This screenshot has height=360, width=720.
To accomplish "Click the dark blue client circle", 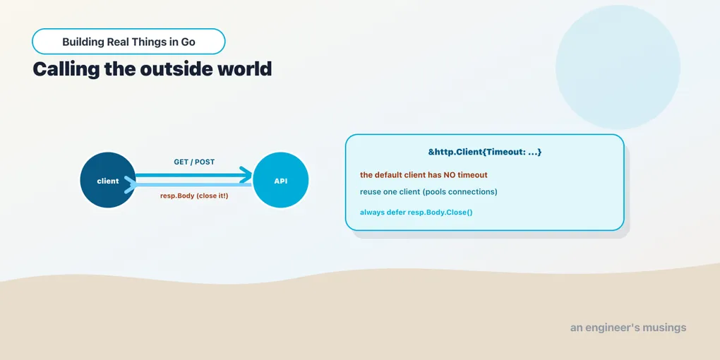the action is [108, 180].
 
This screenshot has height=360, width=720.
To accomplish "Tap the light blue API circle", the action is [280, 180].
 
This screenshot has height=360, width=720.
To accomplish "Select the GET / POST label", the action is [194, 162].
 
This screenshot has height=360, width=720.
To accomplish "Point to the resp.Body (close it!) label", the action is [194, 196].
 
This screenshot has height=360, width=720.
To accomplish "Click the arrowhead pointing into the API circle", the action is [246, 175].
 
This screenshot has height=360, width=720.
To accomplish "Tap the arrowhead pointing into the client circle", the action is [131, 185].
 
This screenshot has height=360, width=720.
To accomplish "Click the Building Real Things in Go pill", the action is [128, 42].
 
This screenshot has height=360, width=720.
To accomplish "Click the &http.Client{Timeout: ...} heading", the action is [485, 152].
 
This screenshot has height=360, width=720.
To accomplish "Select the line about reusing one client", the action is [428, 191].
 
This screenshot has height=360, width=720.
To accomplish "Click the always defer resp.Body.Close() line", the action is [416, 212].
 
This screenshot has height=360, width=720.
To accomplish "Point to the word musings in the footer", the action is [664, 328].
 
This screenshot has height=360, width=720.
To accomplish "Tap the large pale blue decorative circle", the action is [618, 68].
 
